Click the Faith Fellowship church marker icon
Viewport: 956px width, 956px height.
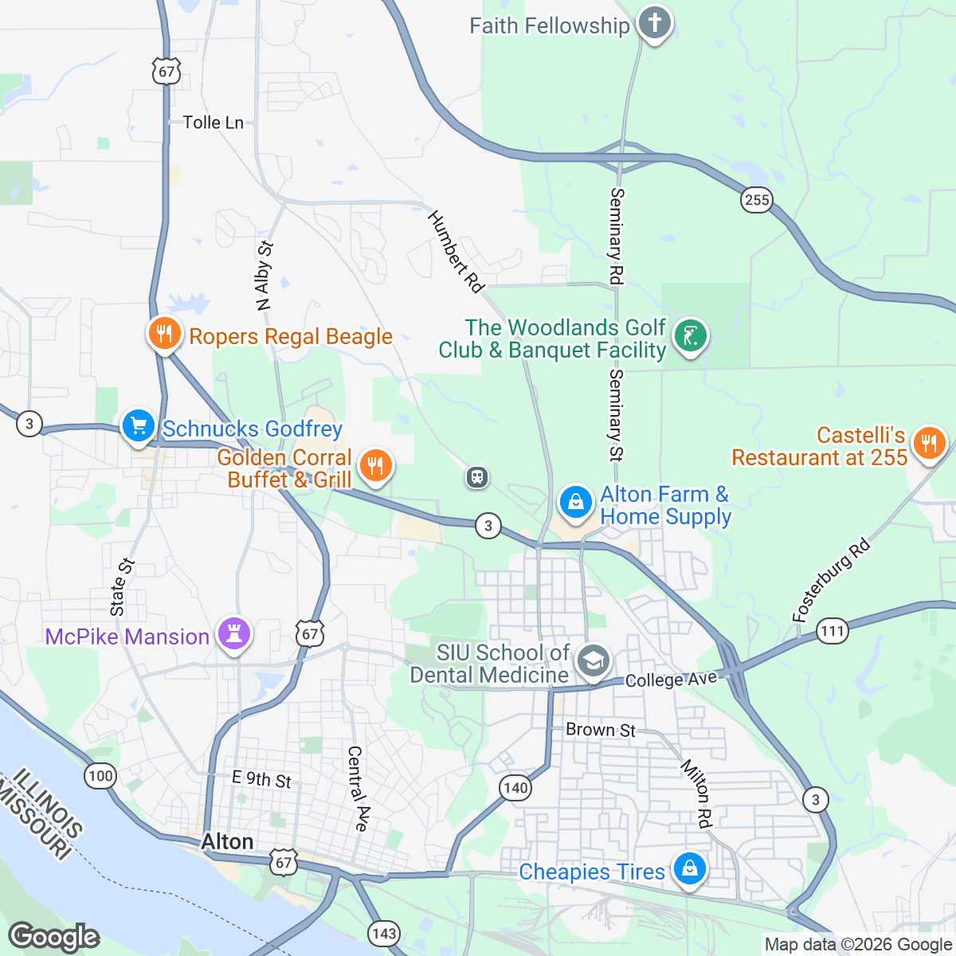(x=654, y=23)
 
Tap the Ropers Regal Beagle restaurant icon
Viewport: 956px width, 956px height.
(x=164, y=334)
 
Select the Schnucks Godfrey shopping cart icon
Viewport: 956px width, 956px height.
(x=139, y=426)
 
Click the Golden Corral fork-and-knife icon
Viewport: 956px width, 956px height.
(x=375, y=465)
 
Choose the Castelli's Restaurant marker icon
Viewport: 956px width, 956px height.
(x=928, y=443)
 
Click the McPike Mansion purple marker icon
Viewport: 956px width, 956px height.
(x=233, y=635)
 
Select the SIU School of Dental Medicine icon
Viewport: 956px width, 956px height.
(x=593, y=661)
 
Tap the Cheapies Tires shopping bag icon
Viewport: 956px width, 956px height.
(x=689, y=868)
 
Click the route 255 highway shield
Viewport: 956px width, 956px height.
(x=756, y=199)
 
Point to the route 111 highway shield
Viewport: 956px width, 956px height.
(x=832, y=632)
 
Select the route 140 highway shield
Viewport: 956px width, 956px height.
(x=515, y=788)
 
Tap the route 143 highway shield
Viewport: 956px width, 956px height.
(x=384, y=934)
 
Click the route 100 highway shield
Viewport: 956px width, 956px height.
(x=101, y=775)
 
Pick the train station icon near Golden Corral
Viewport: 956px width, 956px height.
(x=476, y=477)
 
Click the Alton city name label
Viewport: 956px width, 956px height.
(x=227, y=842)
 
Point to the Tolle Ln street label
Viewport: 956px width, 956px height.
(x=213, y=123)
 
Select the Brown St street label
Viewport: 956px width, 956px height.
(x=601, y=730)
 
